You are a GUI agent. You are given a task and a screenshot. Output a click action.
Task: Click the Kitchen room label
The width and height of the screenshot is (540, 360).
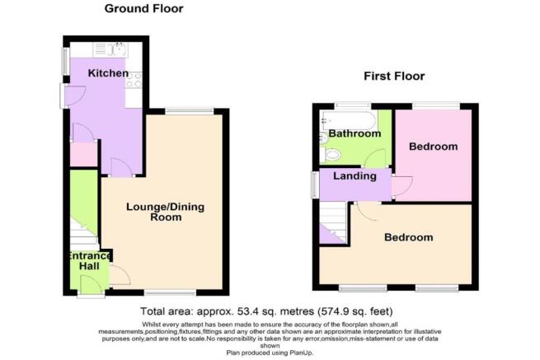(x=108, y=73)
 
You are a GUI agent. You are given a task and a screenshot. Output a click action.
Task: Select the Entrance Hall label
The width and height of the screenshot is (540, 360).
(x=87, y=262)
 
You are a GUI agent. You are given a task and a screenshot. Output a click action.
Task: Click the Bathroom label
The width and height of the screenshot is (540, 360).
(x=354, y=133)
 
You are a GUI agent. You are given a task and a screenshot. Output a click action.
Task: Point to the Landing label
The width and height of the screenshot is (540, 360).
(x=355, y=176)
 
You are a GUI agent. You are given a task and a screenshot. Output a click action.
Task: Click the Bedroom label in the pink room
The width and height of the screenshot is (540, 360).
(x=434, y=147)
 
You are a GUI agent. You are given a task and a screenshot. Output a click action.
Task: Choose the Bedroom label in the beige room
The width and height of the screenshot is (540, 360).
(x=408, y=237)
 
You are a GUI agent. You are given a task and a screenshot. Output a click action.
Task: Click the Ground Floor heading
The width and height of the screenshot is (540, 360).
(x=144, y=9)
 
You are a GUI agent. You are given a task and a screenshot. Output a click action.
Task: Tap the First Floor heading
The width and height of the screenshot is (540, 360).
(x=394, y=77)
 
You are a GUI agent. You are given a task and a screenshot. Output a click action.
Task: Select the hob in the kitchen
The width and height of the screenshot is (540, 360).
(x=134, y=81)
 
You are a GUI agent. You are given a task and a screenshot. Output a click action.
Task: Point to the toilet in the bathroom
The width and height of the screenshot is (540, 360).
(x=331, y=155)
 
